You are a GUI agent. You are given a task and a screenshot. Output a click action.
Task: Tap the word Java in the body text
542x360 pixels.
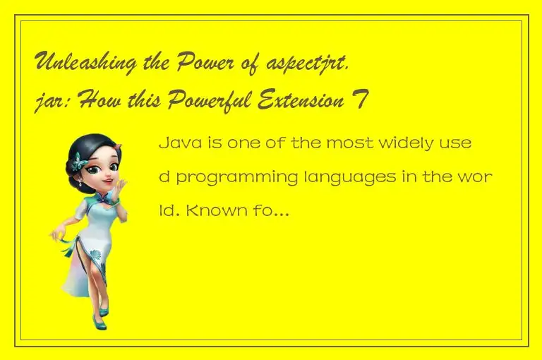tap(176, 143)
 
